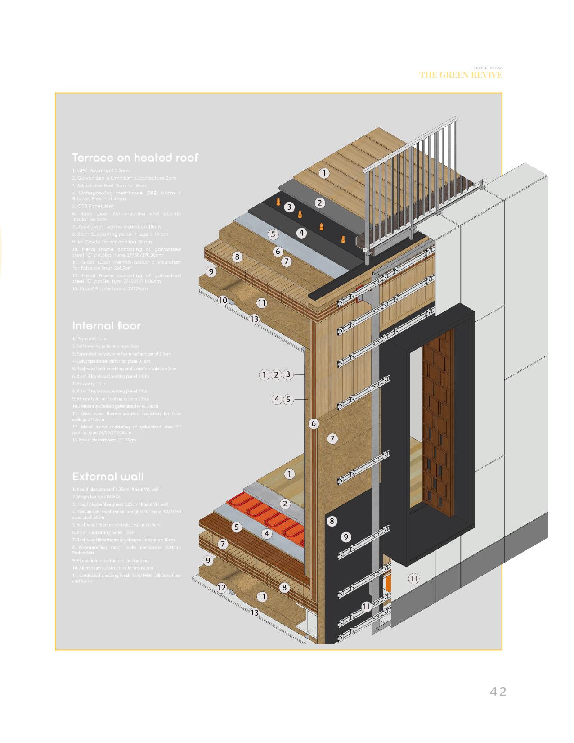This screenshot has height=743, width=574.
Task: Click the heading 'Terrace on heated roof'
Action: click(135, 158)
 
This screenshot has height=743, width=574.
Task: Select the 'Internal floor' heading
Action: click(107, 326)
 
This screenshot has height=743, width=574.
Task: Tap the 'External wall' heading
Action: click(108, 477)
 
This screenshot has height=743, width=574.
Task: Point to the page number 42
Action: click(498, 692)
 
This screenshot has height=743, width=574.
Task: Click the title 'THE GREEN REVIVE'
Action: click(461, 75)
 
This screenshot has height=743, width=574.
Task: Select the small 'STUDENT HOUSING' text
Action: click(488, 68)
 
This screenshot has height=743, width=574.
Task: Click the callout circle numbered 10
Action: click(223, 300)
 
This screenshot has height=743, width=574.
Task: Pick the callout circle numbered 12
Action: click(221, 587)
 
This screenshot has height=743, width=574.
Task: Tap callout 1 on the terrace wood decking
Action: click(324, 173)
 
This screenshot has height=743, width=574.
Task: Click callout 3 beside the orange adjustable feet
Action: click(289, 207)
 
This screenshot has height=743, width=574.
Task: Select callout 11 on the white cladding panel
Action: click(413, 578)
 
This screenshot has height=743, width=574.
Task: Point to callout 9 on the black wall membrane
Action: click(346, 536)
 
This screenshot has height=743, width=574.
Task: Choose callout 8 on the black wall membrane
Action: click(332, 521)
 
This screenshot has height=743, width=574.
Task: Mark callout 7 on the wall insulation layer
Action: click(332, 438)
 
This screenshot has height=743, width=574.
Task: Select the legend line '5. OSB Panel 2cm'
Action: click(93, 206)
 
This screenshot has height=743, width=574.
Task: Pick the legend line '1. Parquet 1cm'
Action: click(89, 339)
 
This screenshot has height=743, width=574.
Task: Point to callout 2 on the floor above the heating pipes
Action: click(285, 504)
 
